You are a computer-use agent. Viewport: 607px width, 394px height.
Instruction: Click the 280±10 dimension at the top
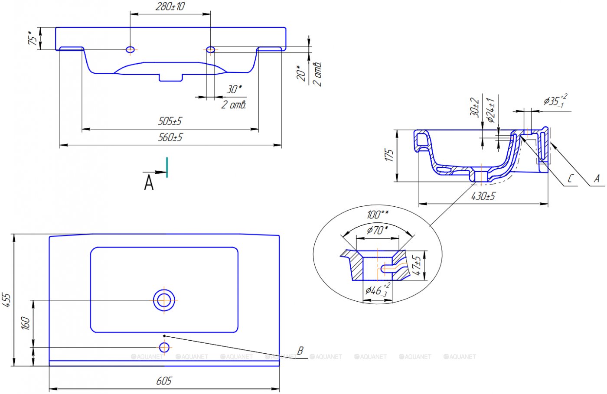point(170,7)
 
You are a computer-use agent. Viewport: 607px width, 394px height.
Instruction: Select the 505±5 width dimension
point(170,121)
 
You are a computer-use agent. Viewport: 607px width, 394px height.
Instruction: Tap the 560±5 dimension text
point(170,137)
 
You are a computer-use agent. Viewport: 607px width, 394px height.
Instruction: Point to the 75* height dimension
point(33,38)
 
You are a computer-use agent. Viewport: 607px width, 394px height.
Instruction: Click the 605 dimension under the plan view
point(164,381)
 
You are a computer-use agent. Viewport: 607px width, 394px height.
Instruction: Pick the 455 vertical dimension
point(7,300)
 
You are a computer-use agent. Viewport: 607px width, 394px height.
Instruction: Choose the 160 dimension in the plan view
point(26,323)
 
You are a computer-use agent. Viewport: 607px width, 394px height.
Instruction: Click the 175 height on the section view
point(389,156)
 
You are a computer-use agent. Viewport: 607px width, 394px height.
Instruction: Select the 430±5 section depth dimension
point(483,196)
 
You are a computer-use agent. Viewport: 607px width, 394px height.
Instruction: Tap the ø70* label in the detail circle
point(377,230)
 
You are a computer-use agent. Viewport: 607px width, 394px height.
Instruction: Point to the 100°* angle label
point(377,215)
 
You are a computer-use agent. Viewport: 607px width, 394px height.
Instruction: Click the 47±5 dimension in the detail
point(417,265)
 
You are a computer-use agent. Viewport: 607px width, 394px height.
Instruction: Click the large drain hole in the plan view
point(164,300)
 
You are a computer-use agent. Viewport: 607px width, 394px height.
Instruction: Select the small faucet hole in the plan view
point(164,347)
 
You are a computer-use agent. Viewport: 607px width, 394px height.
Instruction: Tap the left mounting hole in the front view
point(130,49)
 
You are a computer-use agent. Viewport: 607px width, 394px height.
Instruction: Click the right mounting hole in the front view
point(210,49)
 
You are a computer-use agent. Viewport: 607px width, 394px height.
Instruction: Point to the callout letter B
point(300,350)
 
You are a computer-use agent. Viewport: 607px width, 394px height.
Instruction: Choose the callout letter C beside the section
point(571,178)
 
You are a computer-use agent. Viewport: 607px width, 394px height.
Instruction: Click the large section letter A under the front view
point(149,183)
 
